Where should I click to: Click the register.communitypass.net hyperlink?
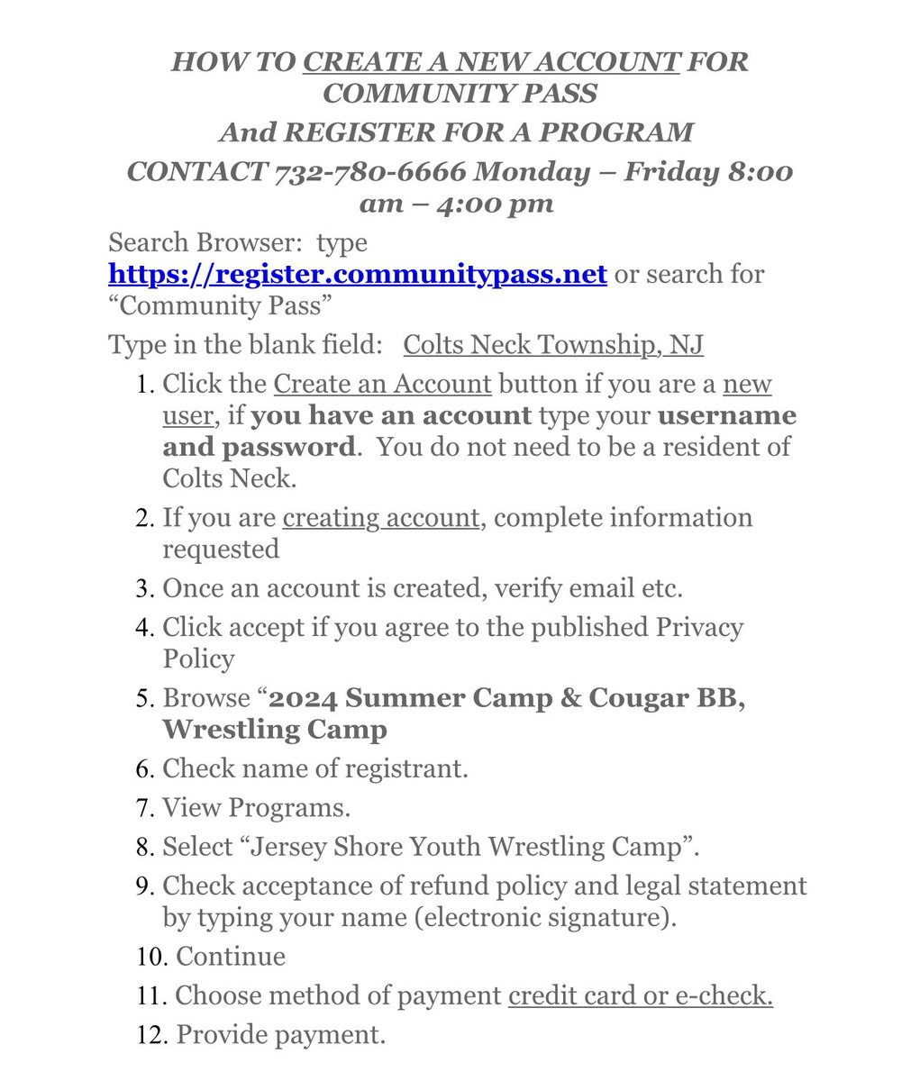point(358,273)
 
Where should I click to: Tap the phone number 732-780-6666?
point(370,171)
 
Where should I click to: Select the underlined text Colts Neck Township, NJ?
point(553,344)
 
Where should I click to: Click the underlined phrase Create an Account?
point(382,384)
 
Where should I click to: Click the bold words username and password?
point(479,431)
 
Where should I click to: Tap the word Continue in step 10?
point(231,956)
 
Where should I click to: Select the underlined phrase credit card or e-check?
point(640,995)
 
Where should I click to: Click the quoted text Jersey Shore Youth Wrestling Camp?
point(431,846)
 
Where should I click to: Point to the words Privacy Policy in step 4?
point(453,642)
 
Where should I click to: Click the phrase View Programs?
point(256,807)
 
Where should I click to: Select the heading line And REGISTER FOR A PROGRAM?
point(456,132)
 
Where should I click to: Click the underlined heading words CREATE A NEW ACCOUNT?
point(491,62)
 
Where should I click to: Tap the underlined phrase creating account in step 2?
point(381,518)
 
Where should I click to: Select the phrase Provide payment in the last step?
point(280,1035)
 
